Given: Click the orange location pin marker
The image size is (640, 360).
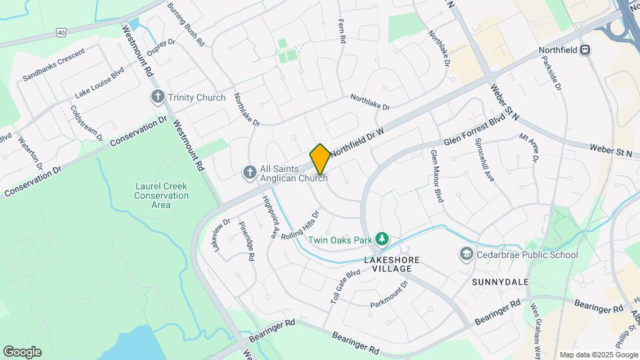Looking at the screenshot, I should (x=320, y=159).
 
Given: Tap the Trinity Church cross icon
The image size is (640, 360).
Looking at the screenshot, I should (x=158, y=97).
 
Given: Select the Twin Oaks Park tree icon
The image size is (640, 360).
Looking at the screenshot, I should (x=381, y=238).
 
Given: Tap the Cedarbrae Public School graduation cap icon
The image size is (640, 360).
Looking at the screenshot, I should (x=465, y=254).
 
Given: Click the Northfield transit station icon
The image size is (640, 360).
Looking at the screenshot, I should (x=585, y=49).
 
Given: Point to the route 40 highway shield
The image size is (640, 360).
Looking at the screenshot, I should (x=61, y=32).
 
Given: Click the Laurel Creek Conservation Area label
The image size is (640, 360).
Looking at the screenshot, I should (x=161, y=196).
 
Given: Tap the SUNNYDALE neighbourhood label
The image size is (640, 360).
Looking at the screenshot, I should (x=500, y=282).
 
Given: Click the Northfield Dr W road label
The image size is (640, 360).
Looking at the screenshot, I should (x=357, y=141).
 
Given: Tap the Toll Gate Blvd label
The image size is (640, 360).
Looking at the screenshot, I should (x=345, y=287).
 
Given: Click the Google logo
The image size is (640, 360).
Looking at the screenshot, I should (x=22, y=352).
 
